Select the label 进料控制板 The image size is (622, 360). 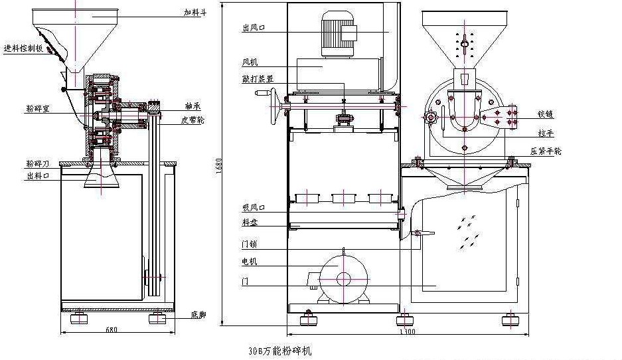23,48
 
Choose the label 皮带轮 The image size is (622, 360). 192,120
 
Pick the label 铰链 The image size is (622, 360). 546,114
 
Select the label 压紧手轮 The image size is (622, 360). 546,151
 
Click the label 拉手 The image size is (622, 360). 546,133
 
